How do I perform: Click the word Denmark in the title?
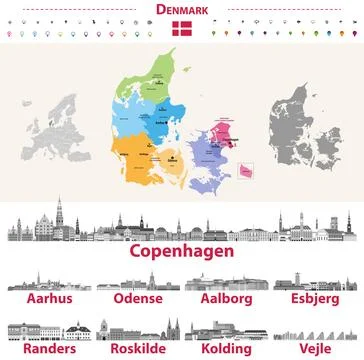pos(181,9)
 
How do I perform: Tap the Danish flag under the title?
pos(181,29)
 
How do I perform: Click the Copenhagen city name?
pos(181,251)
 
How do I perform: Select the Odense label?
pos(137,299)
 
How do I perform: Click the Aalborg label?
pos(226,299)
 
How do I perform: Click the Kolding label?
pos(226,349)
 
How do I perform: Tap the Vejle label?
pos(317,349)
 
